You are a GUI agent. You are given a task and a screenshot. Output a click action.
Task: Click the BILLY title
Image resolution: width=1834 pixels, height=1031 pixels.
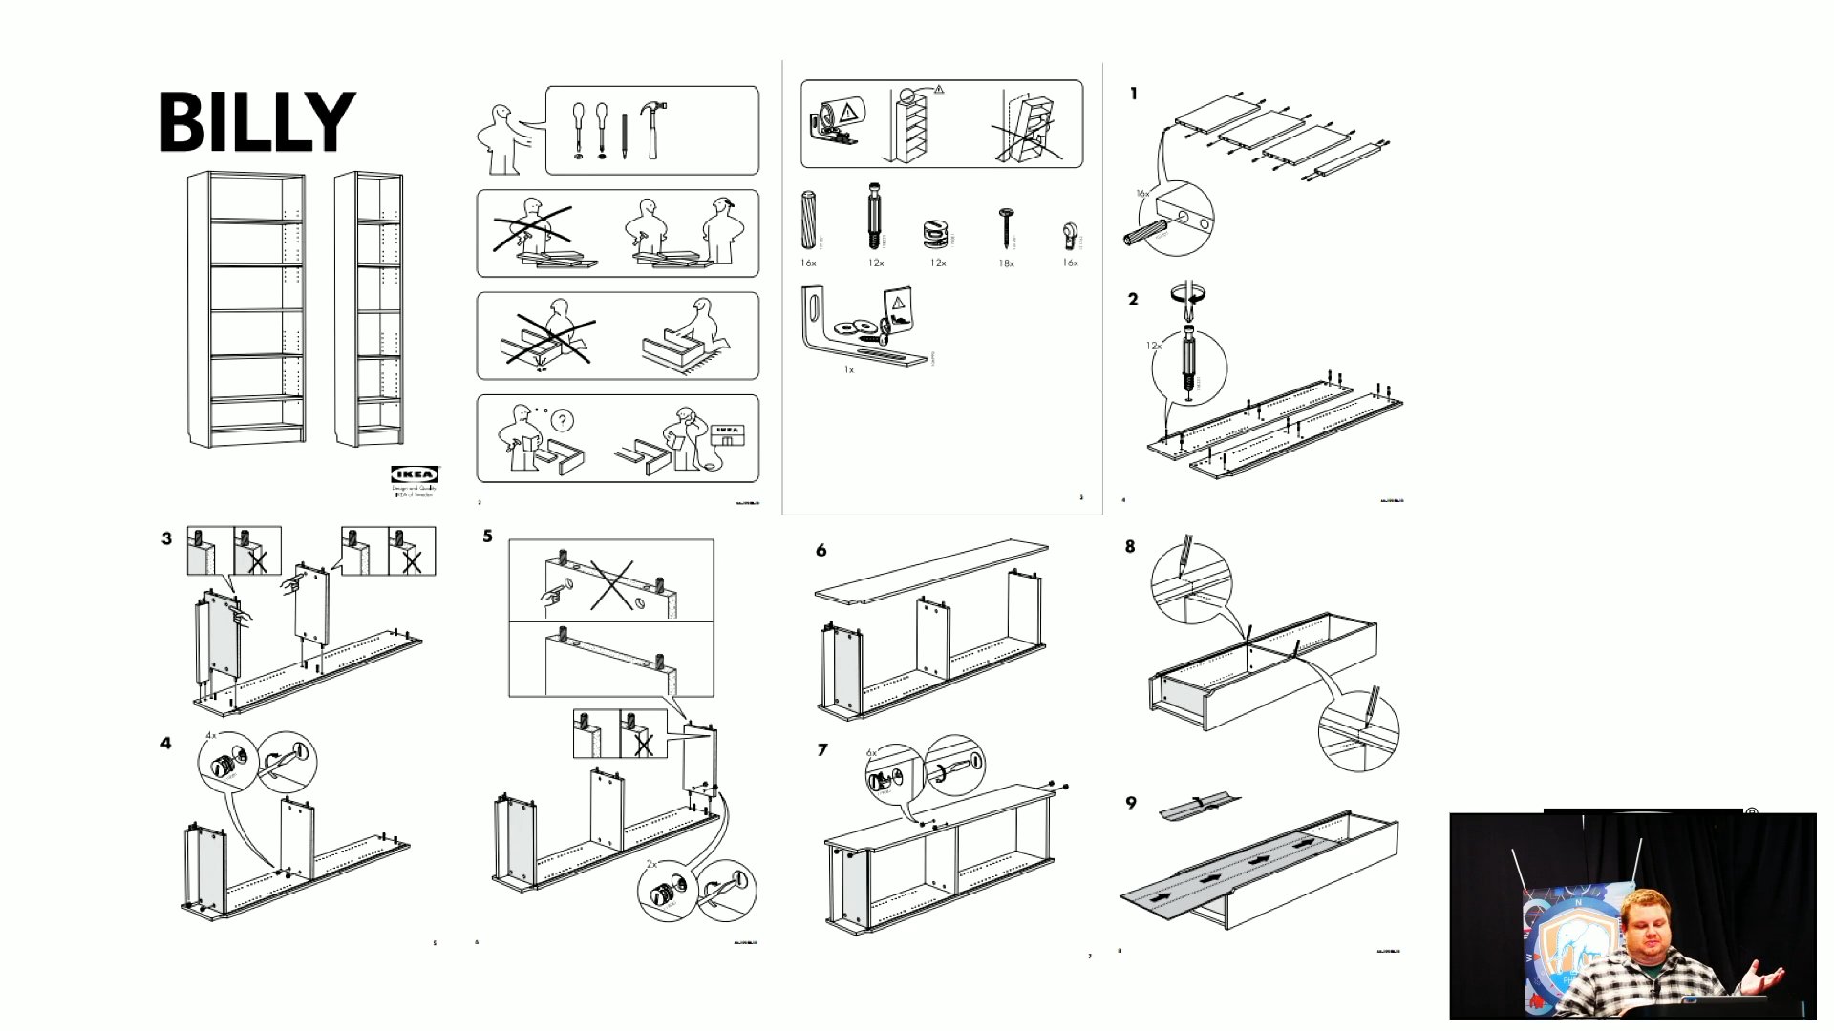click(x=257, y=121)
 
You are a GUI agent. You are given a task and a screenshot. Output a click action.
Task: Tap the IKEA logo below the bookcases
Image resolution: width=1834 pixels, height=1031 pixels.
click(x=415, y=474)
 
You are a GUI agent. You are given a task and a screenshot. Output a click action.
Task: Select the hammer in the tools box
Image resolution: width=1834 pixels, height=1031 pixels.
click(x=653, y=129)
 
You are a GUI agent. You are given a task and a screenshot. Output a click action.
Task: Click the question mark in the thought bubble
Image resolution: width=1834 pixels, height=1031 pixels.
click(x=564, y=420)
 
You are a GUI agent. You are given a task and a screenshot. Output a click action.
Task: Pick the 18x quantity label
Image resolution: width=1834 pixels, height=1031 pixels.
click(x=1006, y=263)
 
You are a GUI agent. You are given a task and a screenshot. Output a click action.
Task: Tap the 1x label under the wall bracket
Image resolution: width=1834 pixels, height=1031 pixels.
click(x=848, y=369)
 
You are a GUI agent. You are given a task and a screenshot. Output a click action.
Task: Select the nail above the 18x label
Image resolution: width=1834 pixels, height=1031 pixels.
click(x=1005, y=227)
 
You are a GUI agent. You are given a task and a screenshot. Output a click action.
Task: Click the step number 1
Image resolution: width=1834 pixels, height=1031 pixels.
click(x=1134, y=94)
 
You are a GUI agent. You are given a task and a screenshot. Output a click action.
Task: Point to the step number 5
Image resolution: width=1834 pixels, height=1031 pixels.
click(x=488, y=537)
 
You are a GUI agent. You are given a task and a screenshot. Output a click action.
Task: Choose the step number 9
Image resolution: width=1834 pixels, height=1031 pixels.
click(x=1132, y=803)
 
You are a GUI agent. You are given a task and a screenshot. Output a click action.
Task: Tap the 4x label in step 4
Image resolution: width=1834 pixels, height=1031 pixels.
click(x=211, y=736)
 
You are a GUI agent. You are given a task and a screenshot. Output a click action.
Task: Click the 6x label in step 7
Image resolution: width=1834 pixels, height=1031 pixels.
click(x=871, y=753)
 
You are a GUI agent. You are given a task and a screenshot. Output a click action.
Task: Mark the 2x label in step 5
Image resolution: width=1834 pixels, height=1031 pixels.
click(x=651, y=863)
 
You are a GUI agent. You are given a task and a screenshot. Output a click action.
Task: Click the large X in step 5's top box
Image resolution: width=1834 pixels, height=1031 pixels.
click(x=611, y=584)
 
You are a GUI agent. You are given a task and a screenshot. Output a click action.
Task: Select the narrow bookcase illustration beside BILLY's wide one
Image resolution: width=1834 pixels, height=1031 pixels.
click(x=369, y=307)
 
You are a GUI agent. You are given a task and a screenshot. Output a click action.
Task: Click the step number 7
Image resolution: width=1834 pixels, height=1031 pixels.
click(x=822, y=750)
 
